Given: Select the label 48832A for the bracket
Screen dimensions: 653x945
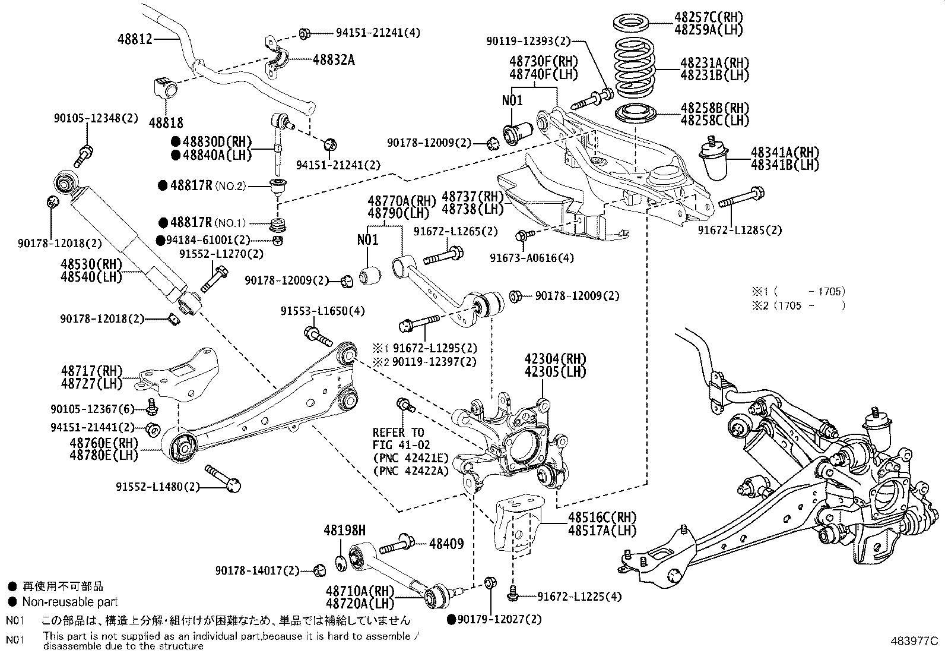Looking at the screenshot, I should pos(334,59).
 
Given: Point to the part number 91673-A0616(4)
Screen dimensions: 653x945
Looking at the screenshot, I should pos(532,258).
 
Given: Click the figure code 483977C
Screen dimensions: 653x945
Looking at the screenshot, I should pos(914,641).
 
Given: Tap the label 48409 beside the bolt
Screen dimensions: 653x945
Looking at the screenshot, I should pos(446,544).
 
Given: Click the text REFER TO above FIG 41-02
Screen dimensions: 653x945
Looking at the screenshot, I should pos(398,432).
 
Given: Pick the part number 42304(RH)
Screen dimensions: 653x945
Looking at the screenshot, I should pos(554,359).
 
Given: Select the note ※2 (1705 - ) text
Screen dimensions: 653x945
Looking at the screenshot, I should pos(798,305).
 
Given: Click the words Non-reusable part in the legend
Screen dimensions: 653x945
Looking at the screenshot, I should pos(70,602).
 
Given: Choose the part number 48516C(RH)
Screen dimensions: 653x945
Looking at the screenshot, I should pos(601,517).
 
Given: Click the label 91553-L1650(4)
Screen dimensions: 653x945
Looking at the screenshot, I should pos(323,311).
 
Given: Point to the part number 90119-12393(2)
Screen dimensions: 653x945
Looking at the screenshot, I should pos(528,41).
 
